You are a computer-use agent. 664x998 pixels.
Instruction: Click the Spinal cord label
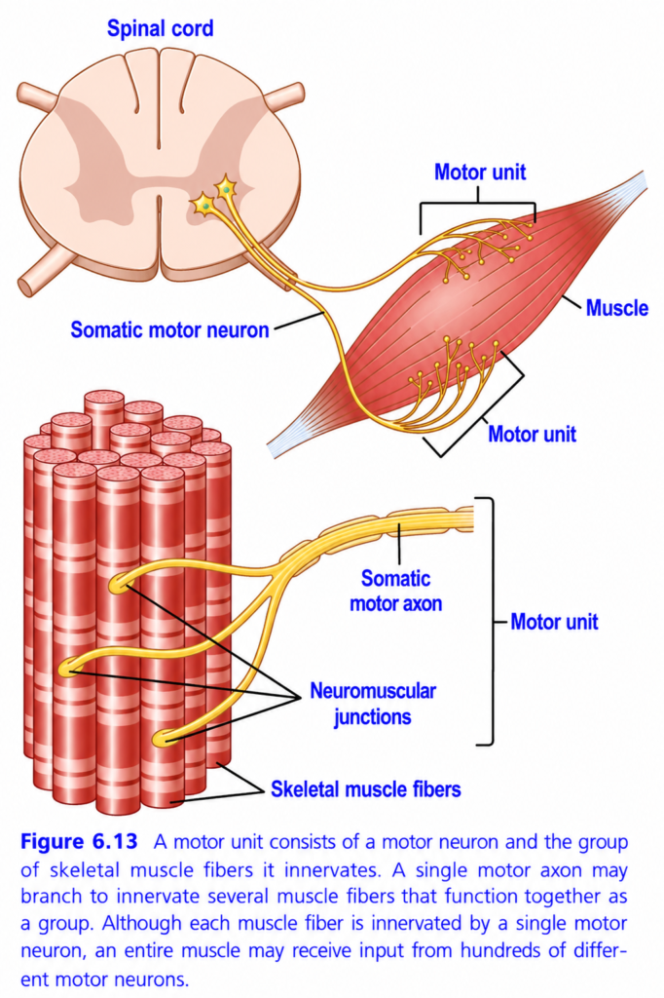[160, 28]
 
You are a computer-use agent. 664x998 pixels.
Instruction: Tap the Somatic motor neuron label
[169, 329]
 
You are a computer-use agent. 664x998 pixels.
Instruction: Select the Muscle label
[616, 308]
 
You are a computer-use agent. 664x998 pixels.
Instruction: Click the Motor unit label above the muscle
[480, 172]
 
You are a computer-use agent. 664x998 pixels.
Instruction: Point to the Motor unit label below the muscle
[532, 434]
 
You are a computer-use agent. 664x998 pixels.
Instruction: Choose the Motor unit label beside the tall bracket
[554, 621]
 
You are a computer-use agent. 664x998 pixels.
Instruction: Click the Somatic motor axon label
[395, 591]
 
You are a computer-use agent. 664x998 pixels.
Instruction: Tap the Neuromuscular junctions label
[373, 704]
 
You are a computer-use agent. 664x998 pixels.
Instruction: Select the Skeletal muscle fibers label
[366, 789]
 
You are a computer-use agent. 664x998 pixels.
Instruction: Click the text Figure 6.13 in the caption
[79, 841]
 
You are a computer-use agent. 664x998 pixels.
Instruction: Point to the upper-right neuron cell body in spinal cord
[226, 188]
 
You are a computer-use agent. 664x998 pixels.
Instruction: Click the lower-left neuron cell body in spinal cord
[203, 205]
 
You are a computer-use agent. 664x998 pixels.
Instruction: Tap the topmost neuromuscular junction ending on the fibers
[120, 584]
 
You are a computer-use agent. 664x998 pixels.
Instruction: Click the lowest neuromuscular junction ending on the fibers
[163, 738]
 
